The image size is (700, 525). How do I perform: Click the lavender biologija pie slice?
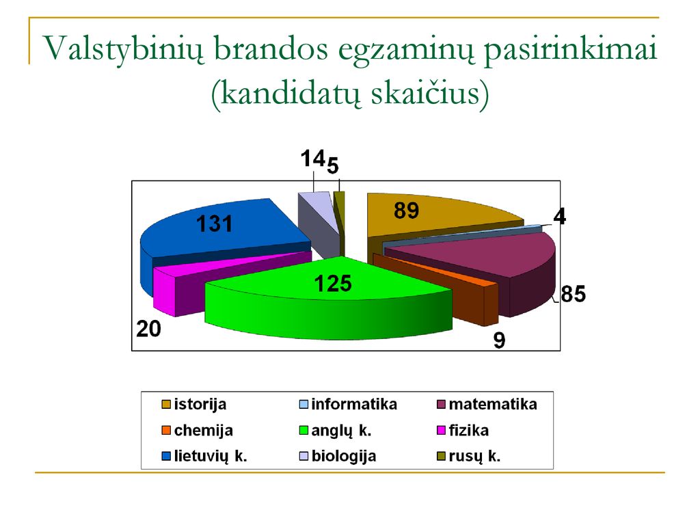click(319, 219)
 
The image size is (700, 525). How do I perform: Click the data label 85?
click(574, 294)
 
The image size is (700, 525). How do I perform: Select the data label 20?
click(148, 329)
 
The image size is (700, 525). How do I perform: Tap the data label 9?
click(499, 340)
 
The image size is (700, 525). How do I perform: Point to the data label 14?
click(312, 159)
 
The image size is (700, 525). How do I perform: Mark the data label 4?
click(560, 217)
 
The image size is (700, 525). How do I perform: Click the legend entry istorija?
click(193, 404)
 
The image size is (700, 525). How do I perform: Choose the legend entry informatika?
click(348, 404)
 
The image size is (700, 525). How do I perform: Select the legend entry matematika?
click(487, 404)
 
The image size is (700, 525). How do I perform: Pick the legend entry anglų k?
click(335, 431)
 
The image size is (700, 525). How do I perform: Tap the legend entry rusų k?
click(469, 456)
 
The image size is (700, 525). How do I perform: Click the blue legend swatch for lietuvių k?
click(166, 456)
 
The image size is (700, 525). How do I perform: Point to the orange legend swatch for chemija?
click(166, 431)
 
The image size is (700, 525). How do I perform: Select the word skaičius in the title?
click(431, 93)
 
